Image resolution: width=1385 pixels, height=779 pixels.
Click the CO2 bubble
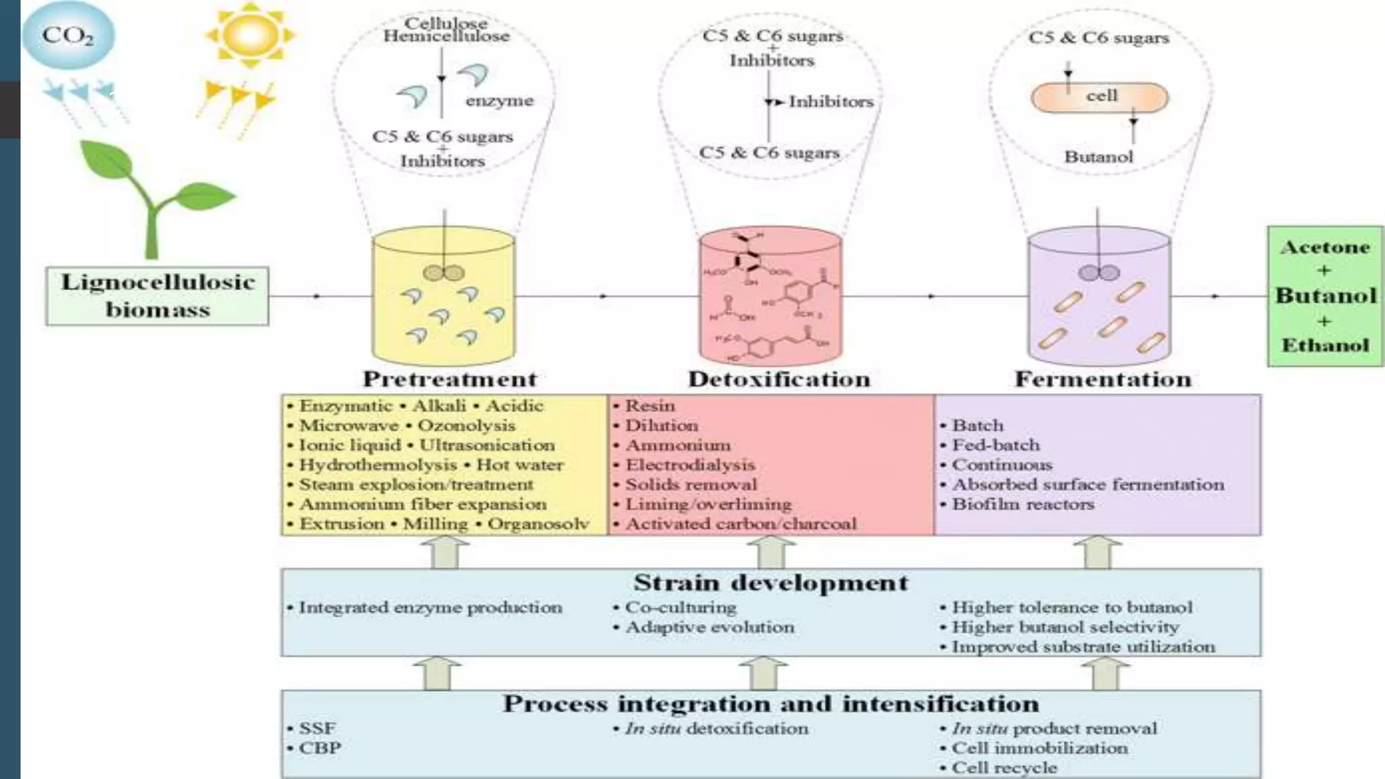[x=68, y=35]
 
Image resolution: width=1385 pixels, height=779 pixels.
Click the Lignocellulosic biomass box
[x=158, y=296]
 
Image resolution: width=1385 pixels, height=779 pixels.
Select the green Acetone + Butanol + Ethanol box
[x=1325, y=296]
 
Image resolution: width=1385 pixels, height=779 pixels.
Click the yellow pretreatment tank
[x=444, y=298]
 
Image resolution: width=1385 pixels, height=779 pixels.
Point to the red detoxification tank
[x=770, y=298]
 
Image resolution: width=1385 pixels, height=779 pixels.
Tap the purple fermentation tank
[x=1099, y=298]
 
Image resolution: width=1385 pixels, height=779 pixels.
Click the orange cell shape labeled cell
[x=1100, y=97]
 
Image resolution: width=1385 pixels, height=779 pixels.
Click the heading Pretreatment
[x=450, y=379]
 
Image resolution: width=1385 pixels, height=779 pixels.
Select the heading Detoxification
[x=779, y=379]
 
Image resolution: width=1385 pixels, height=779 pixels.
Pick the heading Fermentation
[x=1103, y=379]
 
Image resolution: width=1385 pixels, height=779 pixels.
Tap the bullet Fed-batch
[x=995, y=445]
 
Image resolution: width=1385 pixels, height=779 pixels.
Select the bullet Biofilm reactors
[x=1023, y=504]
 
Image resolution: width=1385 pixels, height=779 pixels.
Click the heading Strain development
[x=771, y=583]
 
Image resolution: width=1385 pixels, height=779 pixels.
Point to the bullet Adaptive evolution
[x=709, y=628]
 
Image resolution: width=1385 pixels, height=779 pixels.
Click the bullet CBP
[x=320, y=749]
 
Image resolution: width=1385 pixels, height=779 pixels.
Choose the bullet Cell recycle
[x=1004, y=768]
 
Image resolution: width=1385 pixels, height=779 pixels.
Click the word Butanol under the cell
[x=1098, y=157]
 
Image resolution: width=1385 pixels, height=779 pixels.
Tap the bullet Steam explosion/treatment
[x=416, y=485]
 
